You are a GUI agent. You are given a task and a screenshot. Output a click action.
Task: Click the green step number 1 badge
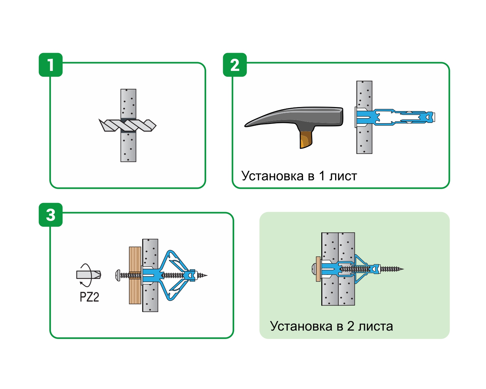pyautogui.click(x=51, y=65)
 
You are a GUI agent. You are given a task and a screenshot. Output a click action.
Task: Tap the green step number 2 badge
pyautogui.click(x=235, y=65)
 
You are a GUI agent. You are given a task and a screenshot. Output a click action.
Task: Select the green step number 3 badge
pyautogui.click(x=51, y=215)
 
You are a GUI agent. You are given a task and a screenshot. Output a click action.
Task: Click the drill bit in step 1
pyautogui.click(x=128, y=125)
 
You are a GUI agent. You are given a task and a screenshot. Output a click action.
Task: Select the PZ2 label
pyautogui.click(x=89, y=297)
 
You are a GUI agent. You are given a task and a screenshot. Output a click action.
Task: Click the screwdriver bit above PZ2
pyautogui.click(x=88, y=275)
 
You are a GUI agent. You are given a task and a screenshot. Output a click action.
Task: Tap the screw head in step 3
pyautogui.click(x=118, y=275)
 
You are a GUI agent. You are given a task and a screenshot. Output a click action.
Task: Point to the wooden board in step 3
pyautogui.click(x=135, y=275)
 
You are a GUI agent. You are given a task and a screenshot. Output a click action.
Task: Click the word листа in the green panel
pyautogui.click(x=376, y=326)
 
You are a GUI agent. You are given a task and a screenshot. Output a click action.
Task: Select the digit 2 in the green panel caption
pyautogui.click(x=351, y=326)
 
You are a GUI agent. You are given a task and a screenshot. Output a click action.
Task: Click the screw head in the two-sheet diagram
pyautogui.click(x=314, y=269)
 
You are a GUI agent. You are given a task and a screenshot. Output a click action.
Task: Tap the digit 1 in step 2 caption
pyautogui.click(x=322, y=176)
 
